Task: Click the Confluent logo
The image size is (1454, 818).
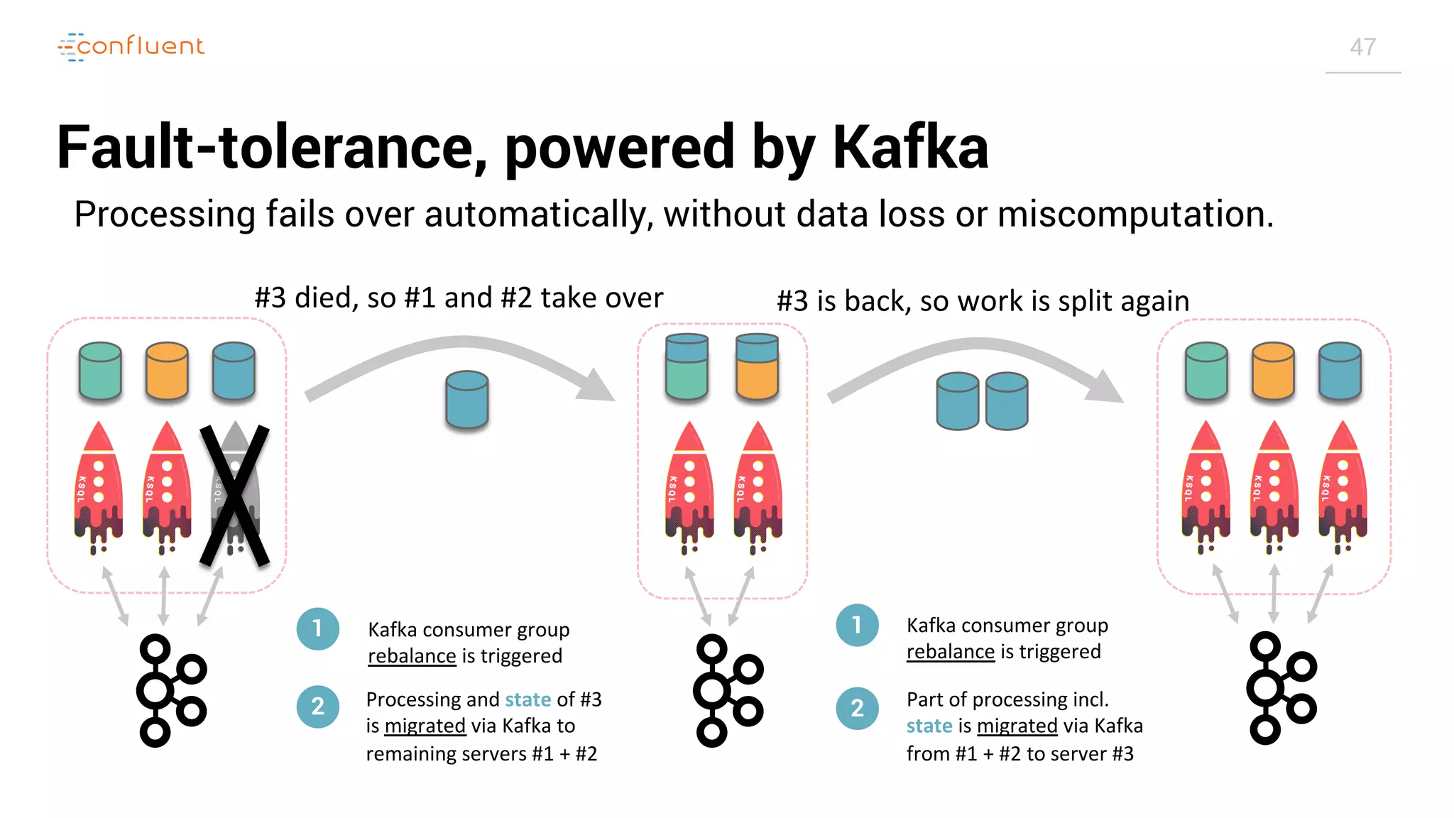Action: pyautogui.click(x=132, y=47)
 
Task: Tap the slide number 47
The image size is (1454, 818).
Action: pyautogui.click(x=1362, y=48)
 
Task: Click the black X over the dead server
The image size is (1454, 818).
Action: pyautogui.click(x=234, y=495)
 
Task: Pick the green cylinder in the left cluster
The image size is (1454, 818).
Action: pyautogui.click(x=100, y=371)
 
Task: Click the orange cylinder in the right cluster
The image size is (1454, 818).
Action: pyautogui.click(x=1273, y=371)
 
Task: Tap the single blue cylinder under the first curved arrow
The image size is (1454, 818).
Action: pyautogui.click(x=466, y=400)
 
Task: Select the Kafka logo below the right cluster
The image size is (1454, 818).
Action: pyautogui.click(x=1281, y=687)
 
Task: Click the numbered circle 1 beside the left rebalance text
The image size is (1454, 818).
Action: pyautogui.click(x=317, y=628)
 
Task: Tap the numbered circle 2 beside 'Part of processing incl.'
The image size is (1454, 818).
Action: pyautogui.click(x=857, y=708)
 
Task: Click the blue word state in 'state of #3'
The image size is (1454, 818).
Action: pyautogui.click(x=528, y=699)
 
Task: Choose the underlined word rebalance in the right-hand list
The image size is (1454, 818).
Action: pyautogui.click(x=950, y=651)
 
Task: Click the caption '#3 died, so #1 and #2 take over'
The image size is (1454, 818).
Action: pyautogui.click(x=459, y=298)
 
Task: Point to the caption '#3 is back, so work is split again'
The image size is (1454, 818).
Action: pyautogui.click(x=983, y=301)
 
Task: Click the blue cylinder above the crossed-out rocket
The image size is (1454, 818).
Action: pyautogui.click(x=234, y=371)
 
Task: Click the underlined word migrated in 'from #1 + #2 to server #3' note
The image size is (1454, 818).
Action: pyautogui.click(x=1017, y=726)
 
